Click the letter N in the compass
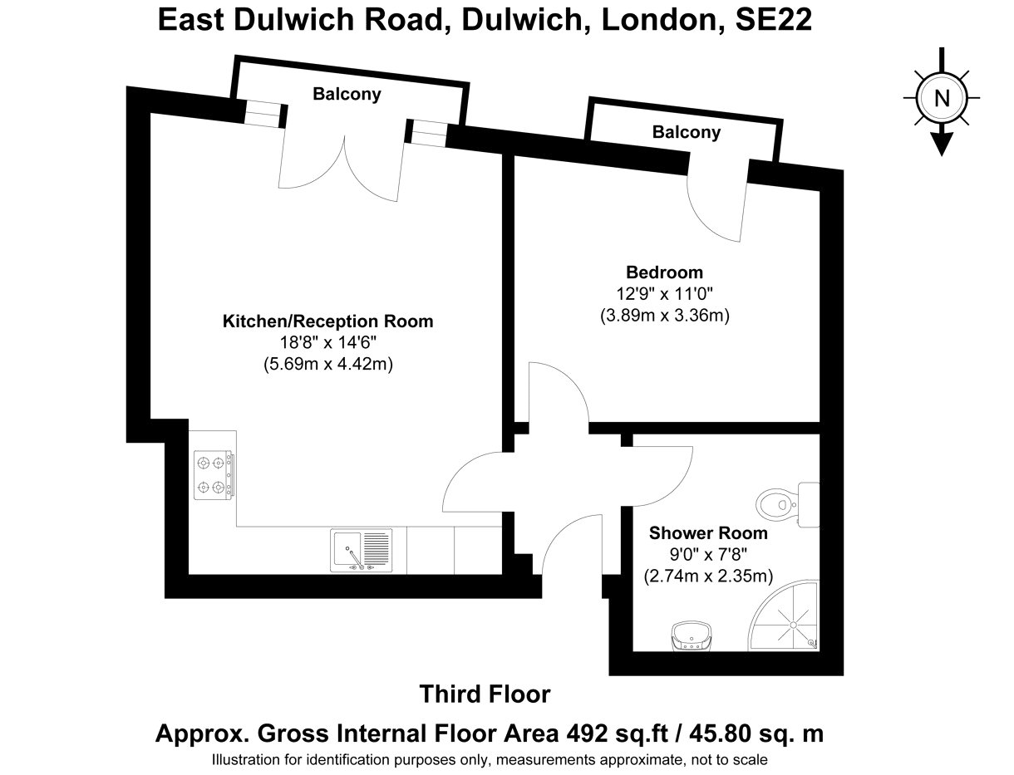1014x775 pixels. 942,98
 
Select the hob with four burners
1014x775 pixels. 214,475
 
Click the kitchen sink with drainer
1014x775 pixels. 361,550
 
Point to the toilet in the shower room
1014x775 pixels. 787,504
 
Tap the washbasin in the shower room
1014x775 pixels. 692,635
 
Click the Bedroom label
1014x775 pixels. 664,272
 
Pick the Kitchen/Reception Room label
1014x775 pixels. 328,321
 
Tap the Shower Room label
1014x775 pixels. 708,533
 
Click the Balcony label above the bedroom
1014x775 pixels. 686,132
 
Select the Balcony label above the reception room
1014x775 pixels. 347,94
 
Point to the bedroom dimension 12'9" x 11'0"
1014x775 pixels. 665,293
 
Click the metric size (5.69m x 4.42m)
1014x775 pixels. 328,364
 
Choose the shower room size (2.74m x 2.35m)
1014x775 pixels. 708,576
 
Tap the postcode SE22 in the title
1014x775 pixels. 773,19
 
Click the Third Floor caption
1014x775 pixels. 485,694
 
